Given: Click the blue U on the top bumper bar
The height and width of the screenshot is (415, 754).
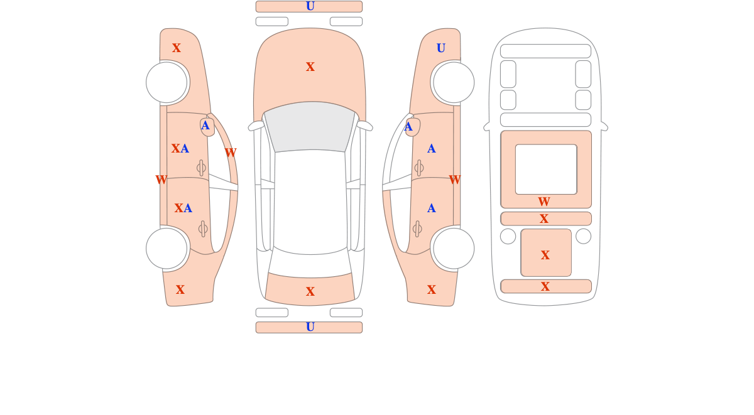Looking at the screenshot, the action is click(310, 6).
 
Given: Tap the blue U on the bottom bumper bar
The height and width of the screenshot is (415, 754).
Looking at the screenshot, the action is click(310, 327).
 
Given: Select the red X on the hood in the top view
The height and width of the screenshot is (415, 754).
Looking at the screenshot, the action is click(310, 67).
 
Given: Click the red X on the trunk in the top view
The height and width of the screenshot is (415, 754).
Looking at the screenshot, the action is click(310, 291).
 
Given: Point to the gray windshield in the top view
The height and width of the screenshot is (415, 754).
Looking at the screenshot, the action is click(310, 127).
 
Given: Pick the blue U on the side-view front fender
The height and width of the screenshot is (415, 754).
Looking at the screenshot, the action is click(441, 48).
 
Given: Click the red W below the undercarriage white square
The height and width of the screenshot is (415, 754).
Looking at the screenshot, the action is click(544, 202).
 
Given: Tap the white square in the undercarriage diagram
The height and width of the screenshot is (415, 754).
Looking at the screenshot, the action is click(546, 170).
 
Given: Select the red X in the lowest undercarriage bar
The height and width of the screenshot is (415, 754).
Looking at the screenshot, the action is click(545, 286).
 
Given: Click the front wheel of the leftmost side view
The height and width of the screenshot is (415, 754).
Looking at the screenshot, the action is click(167, 82).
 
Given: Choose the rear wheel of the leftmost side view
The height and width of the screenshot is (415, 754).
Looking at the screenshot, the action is click(167, 249).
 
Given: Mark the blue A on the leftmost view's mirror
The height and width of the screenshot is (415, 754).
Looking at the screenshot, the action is click(205, 126).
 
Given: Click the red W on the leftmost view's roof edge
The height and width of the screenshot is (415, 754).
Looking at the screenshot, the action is click(231, 153).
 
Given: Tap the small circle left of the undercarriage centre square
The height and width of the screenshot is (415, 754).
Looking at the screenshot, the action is click(508, 237).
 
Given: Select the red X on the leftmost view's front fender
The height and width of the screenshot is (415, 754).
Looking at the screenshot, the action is click(177, 48).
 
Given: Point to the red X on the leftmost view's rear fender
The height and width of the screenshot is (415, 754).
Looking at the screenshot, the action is click(180, 289).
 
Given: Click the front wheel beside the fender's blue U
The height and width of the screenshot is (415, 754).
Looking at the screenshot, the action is click(454, 82).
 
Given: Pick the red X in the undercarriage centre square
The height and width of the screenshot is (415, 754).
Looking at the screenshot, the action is click(545, 256).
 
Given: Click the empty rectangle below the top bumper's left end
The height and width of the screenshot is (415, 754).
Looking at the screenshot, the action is click(272, 21).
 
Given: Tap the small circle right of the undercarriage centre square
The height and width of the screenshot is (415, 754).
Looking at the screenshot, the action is click(583, 237).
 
